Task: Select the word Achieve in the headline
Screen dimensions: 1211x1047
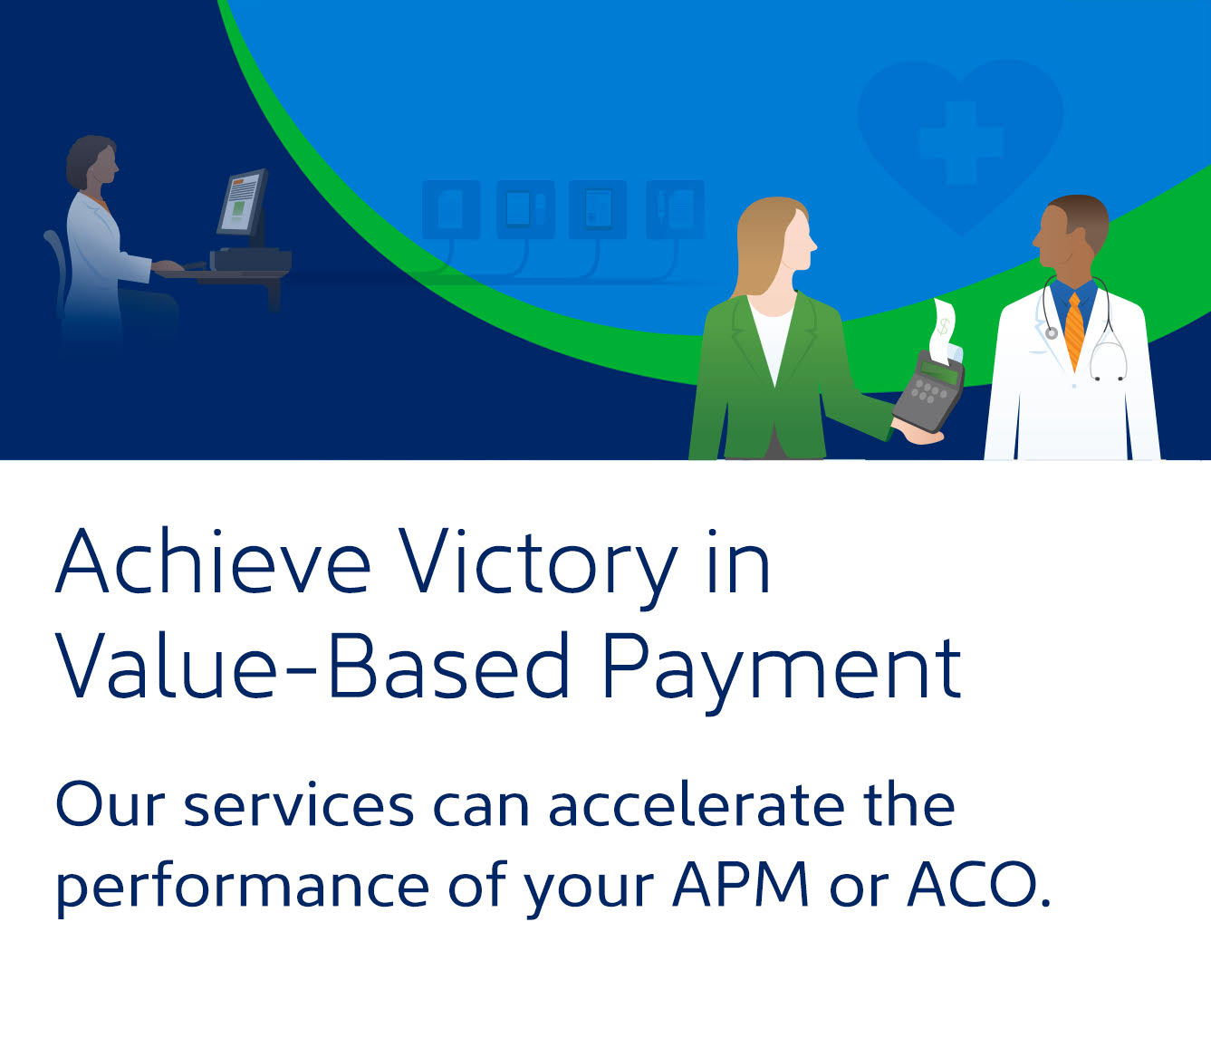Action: coord(213,560)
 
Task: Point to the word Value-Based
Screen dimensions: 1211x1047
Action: coord(312,665)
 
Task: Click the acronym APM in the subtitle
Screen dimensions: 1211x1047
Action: coord(741,884)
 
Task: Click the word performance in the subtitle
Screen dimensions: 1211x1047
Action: coord(243,889)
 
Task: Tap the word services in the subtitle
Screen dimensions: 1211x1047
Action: coord(300,808)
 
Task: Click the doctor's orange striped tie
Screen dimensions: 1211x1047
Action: coord(1074,331)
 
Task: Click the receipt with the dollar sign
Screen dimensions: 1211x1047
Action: coord(945,331)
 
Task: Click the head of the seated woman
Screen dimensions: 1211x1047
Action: coord(92,162)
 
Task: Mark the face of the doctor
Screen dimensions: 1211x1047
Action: coord(1054,238)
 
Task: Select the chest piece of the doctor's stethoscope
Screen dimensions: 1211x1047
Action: coord(1052,333)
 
